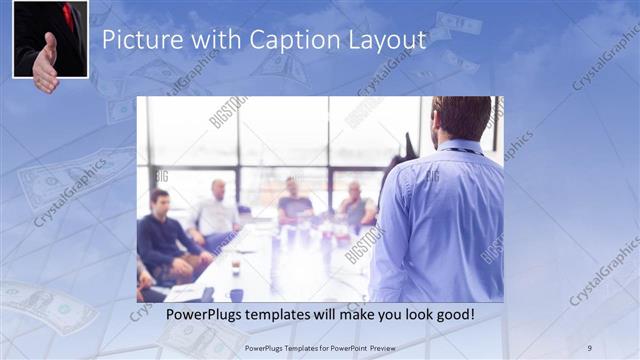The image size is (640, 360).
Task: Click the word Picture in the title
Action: point(137,41)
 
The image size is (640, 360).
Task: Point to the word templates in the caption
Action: point(295,315)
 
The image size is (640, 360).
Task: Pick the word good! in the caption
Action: point(453,315)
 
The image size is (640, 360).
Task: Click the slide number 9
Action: point(589,347)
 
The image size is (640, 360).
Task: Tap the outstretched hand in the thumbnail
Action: point(44,64)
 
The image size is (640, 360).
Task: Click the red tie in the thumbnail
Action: point(68,14)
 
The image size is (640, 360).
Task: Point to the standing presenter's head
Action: point(462,118)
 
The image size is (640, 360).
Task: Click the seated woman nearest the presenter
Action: point(355,206)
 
